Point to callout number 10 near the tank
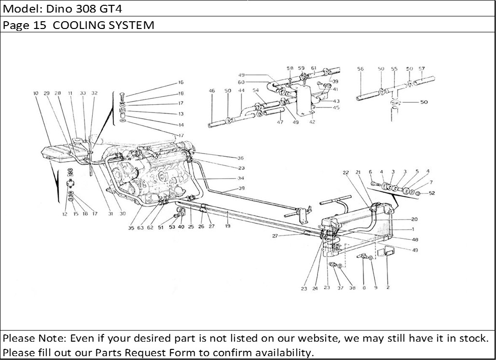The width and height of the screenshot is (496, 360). tap(36, 93)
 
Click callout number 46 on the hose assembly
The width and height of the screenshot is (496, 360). tap(212, 91)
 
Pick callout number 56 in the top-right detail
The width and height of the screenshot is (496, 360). tap(360, 69)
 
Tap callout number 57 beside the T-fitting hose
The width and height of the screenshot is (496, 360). tap(421, 69)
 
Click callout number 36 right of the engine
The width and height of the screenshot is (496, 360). tap(240, 158)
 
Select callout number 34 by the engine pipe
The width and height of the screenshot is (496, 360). tap(240, 178)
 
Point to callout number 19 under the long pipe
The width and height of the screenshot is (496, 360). tap(227, 225)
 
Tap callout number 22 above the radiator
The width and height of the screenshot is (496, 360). tap(345, 172)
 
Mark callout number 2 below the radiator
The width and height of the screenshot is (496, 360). tap(387, 288)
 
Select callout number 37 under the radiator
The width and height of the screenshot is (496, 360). tap(341, 288)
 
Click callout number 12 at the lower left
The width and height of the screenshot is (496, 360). tap(65, 214)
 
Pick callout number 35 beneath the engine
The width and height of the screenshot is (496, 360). tap(131, 228)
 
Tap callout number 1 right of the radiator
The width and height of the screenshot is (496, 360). tap(413, 229)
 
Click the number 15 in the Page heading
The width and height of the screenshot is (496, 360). tap(39, 26)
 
